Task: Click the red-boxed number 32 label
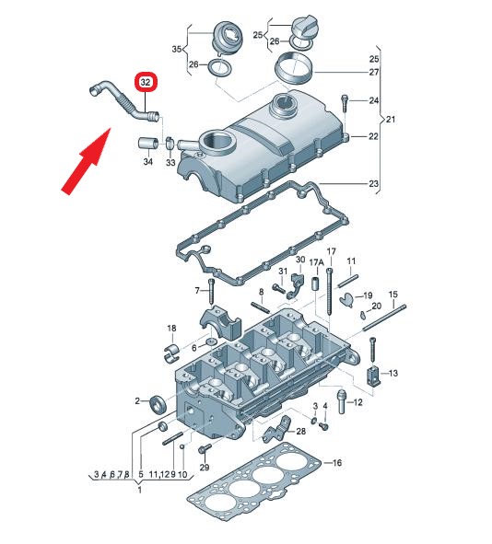point(146,82)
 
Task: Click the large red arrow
point(86,161)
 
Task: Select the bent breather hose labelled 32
point(123,101)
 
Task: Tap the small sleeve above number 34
point(148,143)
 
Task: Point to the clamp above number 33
point(170,143)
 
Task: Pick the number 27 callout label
point(374,72)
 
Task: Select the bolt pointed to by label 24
point(344,103)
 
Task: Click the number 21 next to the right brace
point(391,120)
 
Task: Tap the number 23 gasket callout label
point(373,183)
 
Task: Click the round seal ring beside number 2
point(158,404)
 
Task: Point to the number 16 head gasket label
point(337,462)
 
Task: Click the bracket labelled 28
point(277,429)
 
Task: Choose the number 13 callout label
point(393,374)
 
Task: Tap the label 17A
point(316,262)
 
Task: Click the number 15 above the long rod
point(392,295)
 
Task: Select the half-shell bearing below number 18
point(170,353)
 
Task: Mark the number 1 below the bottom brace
point(140,491)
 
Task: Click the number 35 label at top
point(177,49)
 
